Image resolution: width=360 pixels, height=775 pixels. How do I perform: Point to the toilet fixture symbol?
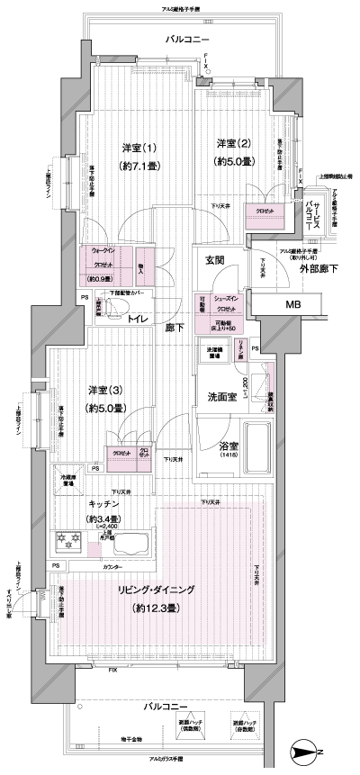tap(110, 308)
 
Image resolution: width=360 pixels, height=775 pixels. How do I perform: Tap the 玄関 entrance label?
tap(213, 260)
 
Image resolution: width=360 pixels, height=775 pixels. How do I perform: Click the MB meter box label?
tap(294, 305)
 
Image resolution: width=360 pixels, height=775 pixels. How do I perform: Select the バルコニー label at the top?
tap(187, 40)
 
